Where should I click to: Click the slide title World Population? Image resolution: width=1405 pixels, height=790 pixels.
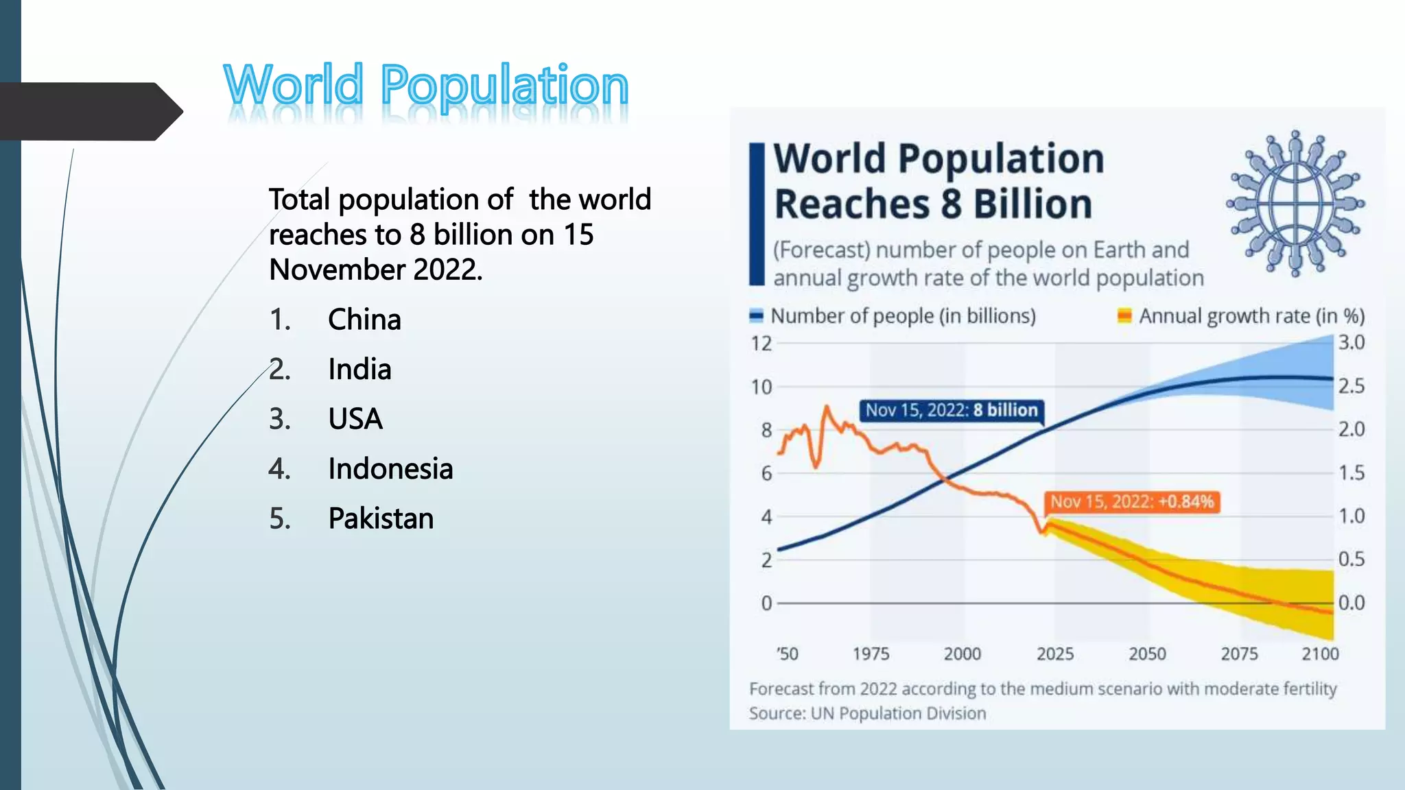point(425,86)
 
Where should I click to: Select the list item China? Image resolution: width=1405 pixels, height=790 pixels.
point(364,320)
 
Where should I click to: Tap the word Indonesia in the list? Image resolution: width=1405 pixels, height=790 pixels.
point(390,469)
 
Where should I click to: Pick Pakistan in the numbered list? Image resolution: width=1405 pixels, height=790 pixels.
point(381,518)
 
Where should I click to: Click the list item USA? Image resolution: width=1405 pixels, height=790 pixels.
point(355,419)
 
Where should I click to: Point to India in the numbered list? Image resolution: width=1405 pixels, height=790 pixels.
point(359,370)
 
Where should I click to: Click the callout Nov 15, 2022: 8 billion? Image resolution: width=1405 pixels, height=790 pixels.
point(951,410)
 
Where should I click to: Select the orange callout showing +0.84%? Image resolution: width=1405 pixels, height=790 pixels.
point(1131,501)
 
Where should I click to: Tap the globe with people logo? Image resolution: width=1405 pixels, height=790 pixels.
point(1295,204)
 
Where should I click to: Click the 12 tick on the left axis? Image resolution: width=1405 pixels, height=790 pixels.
point(761,344)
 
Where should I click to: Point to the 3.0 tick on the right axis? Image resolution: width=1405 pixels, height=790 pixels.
point(1351,342)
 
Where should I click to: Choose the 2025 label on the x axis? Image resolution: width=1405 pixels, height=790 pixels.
point(1054,654)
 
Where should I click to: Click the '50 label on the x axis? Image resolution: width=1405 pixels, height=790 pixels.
point(787,654)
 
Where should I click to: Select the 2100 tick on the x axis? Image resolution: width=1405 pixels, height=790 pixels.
point(1320,654)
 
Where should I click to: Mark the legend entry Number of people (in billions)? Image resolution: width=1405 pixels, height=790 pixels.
point(902,316)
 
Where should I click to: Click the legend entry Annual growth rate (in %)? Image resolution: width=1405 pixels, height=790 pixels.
point(1251,316)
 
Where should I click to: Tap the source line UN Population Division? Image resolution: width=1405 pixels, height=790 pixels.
point(867,713)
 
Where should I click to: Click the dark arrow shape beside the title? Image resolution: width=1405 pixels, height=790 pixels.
point(89,112)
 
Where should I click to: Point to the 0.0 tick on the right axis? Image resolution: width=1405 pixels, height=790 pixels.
point(1351,603)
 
